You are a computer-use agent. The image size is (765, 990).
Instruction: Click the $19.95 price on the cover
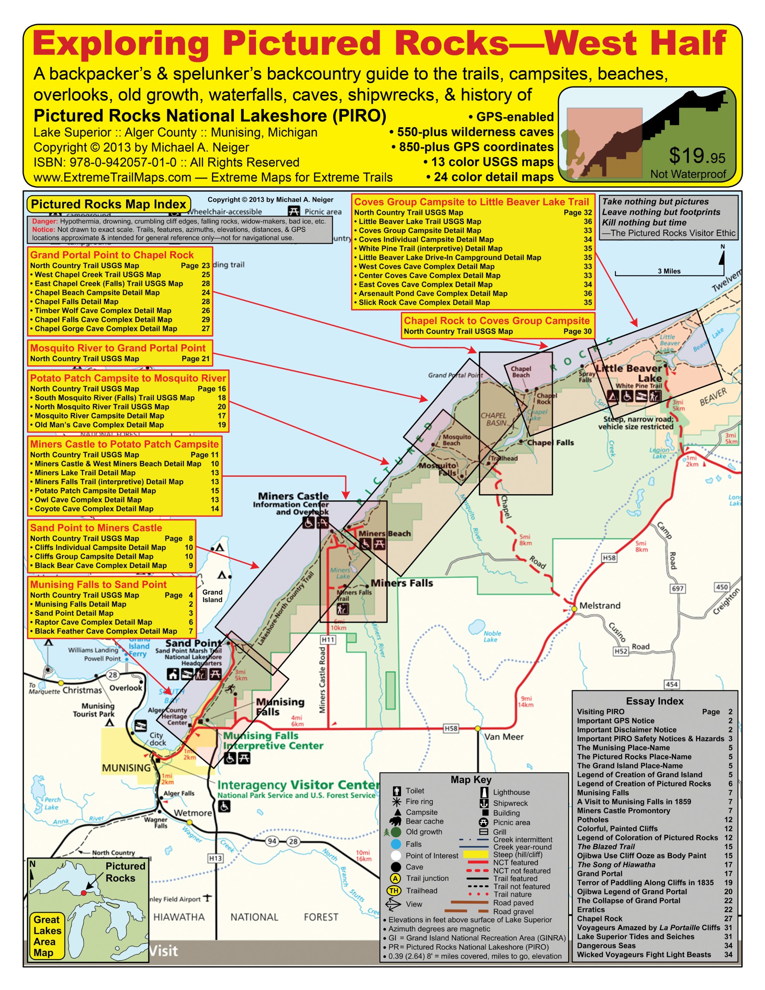[x=697, y=156]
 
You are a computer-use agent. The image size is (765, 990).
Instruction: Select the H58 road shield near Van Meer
[x=450, y=729]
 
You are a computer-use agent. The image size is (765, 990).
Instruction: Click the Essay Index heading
[x=654, y=701]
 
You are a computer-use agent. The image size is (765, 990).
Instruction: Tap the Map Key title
[x=471, y=780]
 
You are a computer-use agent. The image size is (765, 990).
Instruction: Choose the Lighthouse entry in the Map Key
[x=511, y=792]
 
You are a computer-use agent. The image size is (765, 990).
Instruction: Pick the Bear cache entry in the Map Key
[x=424, y=821]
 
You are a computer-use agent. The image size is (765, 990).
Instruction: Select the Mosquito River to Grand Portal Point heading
[x=118, y=348]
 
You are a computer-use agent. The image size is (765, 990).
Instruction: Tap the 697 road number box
[x=678, y=588]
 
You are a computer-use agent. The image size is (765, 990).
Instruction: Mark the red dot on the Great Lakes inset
[x=84, y=893]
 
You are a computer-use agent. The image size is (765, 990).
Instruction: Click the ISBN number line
[x=166, y=162]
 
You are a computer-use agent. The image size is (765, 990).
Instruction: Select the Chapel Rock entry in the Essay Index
[x=599, y=918]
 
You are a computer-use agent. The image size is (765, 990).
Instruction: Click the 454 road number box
[x=671, y=684]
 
